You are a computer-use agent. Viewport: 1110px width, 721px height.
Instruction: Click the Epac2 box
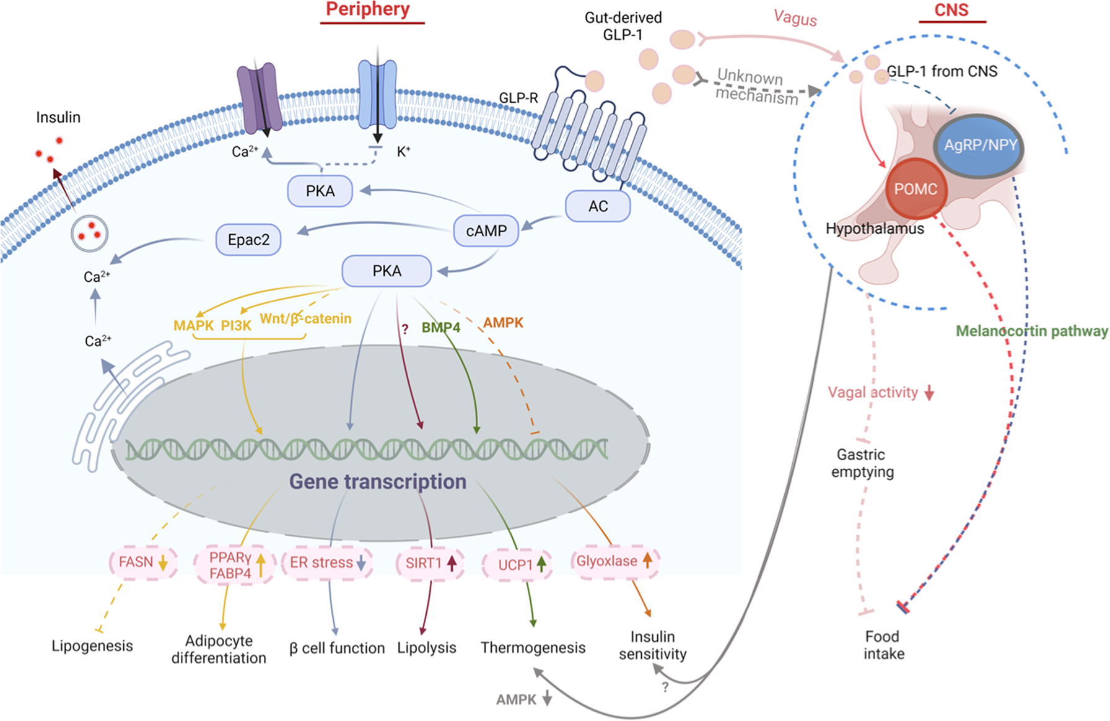[x=248, y=240]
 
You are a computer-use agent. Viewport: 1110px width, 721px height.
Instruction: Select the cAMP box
[x=486, y=230]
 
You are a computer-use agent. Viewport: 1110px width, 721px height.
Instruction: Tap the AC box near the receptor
[x=598, y=206]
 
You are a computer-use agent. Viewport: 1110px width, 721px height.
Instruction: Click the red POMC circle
[x=916, y=189]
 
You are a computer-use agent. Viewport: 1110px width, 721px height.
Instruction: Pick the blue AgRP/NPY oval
[x=979, y=146]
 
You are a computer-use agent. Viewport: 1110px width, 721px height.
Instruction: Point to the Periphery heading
[x=368, y=10]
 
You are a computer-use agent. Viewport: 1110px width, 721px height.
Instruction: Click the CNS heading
[x=951, y=11]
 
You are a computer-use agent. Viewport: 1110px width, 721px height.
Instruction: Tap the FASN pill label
[x=142, y=562]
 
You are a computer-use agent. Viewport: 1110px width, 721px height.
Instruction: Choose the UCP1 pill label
[x=517, y=564]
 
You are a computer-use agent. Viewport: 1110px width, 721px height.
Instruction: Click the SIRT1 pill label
[x=429, y=563]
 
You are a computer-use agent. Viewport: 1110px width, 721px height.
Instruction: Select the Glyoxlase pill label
[x=614, y=561]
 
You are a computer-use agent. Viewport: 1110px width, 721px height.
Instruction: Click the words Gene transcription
[x=378, y=481]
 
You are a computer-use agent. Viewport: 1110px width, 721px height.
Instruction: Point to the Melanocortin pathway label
[x=1031, y=331]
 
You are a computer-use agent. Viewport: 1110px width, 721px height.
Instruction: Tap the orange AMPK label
[x=503, y=323]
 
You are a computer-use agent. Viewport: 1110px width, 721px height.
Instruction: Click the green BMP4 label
[x=440, y=327]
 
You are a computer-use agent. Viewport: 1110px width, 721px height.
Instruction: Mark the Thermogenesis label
[x=533, y=648]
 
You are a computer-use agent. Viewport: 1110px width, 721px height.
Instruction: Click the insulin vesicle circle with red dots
[x=90, y=234]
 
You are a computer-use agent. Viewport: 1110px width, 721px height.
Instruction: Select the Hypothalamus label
[x=875, y=229]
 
